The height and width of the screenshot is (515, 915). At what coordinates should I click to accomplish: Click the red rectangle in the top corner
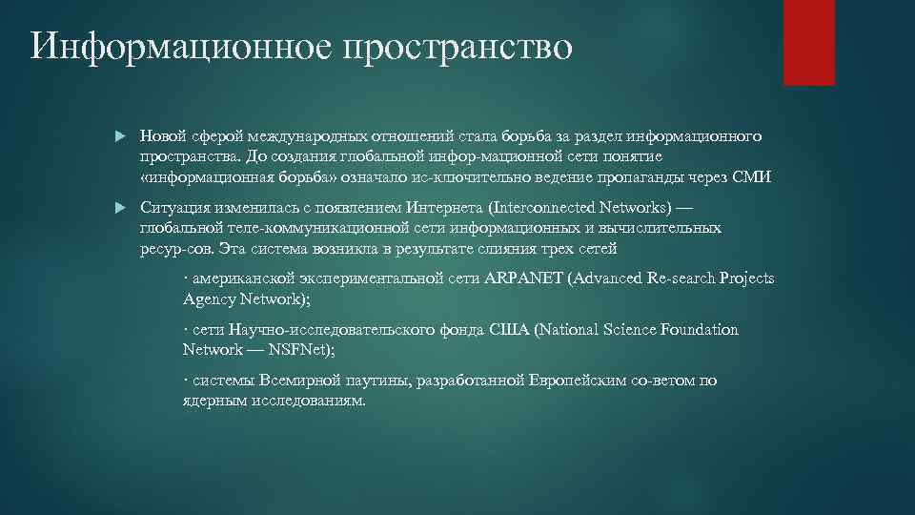click(808, 42)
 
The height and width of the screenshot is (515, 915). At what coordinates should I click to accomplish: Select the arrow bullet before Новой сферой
click(120, 137)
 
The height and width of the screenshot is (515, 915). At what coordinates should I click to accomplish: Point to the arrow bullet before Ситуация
click(120, 208)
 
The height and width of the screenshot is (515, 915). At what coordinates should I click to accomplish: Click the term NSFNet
click(297, 349)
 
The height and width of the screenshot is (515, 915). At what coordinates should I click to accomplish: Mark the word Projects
click(746, 278)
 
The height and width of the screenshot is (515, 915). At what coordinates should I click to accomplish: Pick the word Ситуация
click(175, 207)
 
